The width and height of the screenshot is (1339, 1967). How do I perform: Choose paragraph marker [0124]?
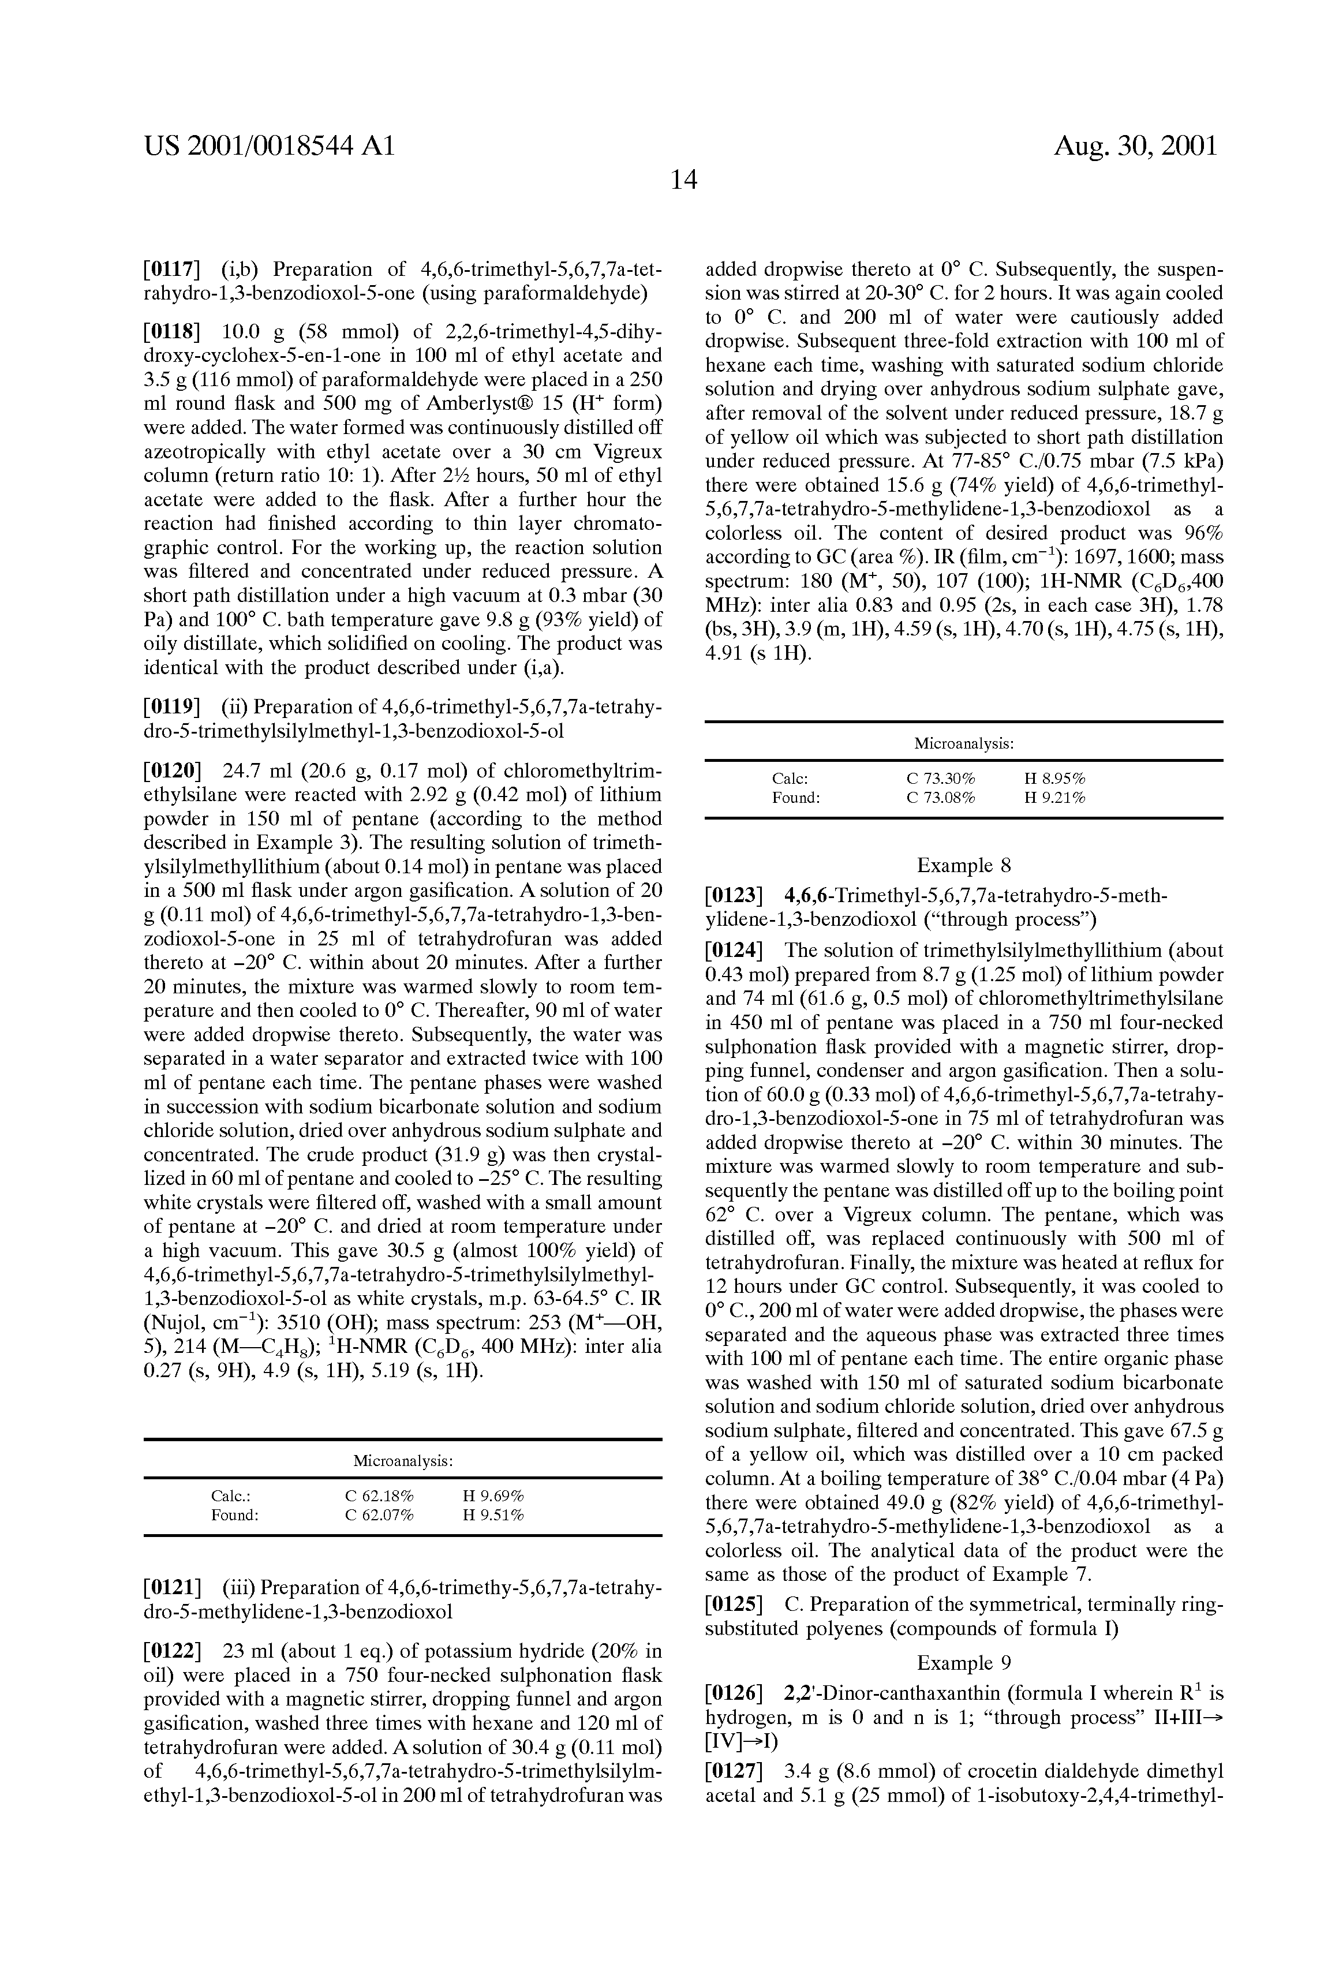pos(734,951)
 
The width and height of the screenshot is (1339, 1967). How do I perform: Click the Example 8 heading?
pos(964,865)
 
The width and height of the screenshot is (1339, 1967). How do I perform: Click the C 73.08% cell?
pos(940,797)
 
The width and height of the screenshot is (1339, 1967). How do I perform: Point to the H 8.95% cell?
pos(1054,778)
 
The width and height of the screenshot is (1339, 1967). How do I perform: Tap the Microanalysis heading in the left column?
pos(403,1461)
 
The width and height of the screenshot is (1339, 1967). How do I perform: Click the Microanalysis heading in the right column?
pos(964,743)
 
